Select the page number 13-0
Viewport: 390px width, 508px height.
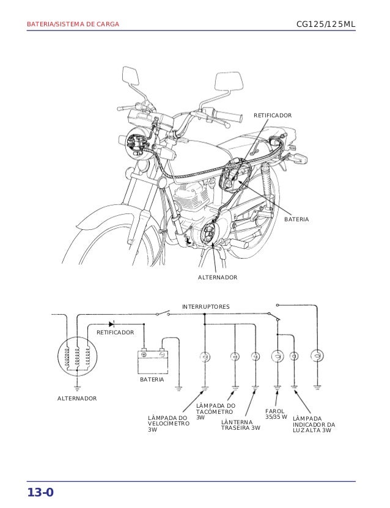coord(40,493)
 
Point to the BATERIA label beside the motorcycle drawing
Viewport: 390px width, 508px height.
coord(296,218)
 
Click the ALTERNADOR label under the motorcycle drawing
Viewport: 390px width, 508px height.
coord(217,278)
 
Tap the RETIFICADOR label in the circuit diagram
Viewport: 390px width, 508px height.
coord(115,332)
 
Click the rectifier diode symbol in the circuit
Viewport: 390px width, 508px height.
coord(112,323)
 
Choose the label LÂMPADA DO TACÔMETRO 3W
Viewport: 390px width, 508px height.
coord(215,411)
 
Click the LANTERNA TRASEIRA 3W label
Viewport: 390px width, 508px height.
coord(240,425)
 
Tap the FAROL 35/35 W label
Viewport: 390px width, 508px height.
coord(276,414)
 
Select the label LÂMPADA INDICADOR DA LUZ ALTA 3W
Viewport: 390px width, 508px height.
coord(314,424)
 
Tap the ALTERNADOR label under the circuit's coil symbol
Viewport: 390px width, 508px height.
coord(77,398)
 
